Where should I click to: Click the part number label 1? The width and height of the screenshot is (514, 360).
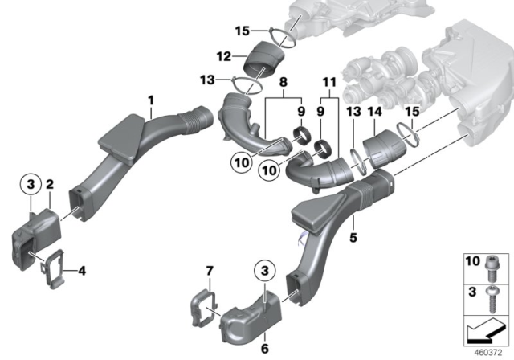click(149, 100)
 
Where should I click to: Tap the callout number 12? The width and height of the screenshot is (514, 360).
click(226, 55)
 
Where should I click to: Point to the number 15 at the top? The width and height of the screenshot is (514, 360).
click(242, 31)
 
